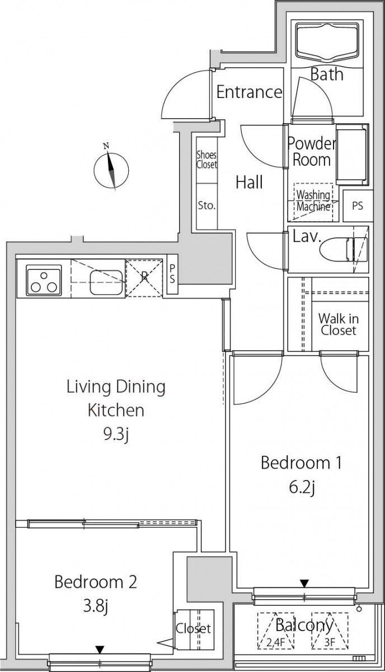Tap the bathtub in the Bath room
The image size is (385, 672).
coord(327,41)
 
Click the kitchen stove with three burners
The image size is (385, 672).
coord(44,280)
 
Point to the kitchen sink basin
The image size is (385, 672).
coord(106,283)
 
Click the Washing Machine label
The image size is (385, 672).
coord(313,200)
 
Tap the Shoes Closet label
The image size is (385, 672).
coord(206,160)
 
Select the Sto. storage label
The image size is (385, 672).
coord(207,206)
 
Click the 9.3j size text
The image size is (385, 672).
coord(116,434)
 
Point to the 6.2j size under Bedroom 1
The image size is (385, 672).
coord(302,488)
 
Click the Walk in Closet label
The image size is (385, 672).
coord(339,324)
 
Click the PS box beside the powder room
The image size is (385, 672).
coord(358,206)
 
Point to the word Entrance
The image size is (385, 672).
coord(249,92)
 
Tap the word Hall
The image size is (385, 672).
coord(249,182)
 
